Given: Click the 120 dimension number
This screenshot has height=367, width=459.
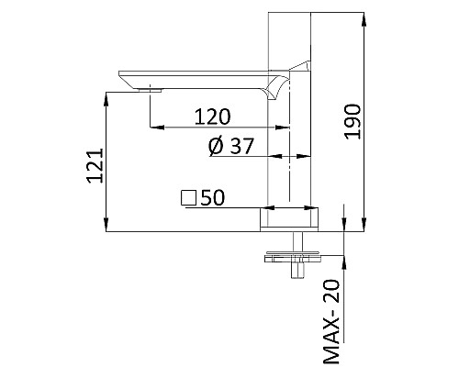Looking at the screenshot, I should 212,116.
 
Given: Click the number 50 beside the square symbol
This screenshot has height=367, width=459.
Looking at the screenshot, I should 214,197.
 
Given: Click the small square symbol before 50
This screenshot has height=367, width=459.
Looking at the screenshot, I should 189,197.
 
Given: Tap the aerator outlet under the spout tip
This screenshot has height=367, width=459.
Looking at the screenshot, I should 149,90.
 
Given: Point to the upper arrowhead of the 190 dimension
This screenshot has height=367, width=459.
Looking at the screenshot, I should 364,17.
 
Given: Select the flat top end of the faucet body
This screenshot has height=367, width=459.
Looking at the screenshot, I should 291,12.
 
